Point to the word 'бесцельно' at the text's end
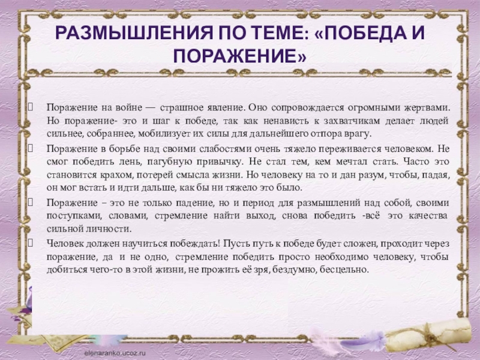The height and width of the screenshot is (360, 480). pos(352,269)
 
